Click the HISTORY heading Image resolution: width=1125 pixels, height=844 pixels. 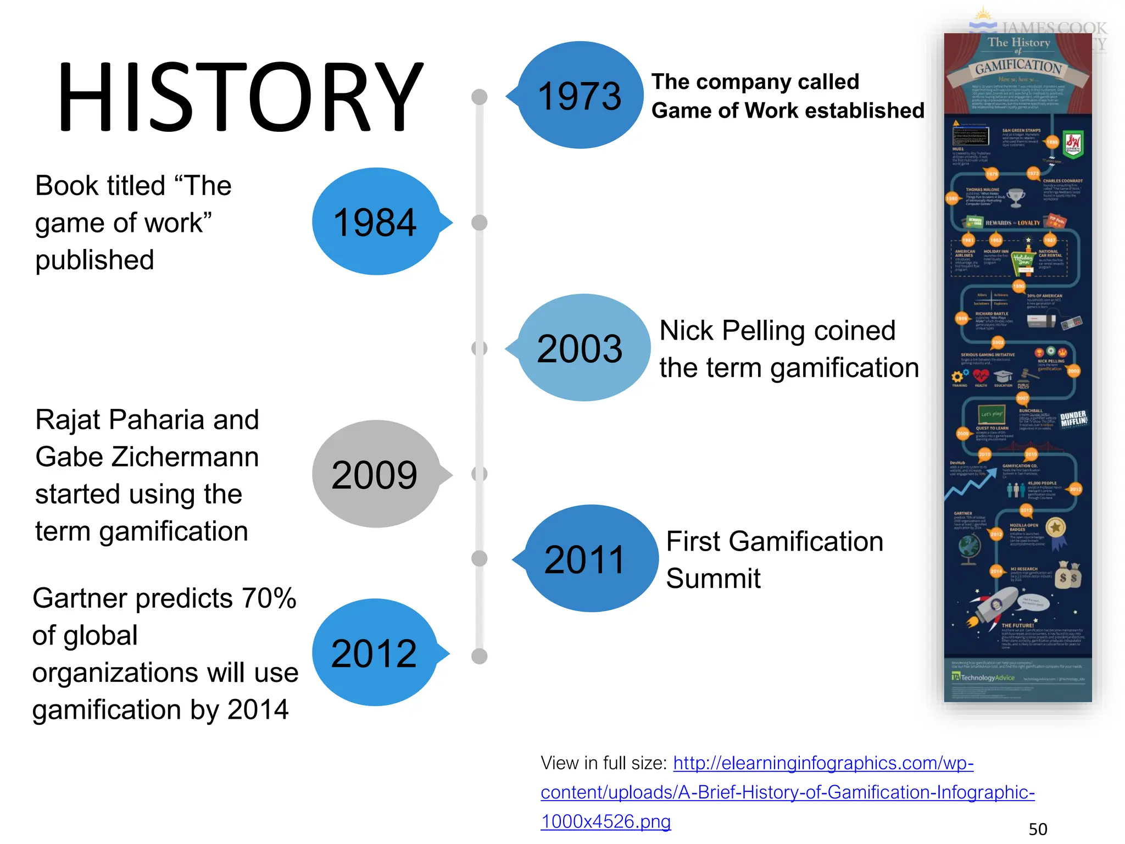240,97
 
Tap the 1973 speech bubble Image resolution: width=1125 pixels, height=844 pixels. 580,96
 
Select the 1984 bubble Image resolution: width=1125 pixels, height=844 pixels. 376,222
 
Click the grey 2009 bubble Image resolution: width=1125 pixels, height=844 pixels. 376,475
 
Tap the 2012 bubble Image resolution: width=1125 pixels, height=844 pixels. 375,653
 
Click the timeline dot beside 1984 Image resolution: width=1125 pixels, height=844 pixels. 480,223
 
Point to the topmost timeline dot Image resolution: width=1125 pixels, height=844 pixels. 480,97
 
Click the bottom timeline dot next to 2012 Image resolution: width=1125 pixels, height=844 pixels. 480,656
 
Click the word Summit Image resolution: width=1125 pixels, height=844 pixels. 713,579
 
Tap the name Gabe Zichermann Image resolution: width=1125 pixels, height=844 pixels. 147,457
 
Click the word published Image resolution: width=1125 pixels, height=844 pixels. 94,260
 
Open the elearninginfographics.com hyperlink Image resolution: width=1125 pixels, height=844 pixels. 787,792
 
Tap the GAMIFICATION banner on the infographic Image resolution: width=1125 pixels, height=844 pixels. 1018,67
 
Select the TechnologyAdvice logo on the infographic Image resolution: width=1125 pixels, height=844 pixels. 983,678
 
